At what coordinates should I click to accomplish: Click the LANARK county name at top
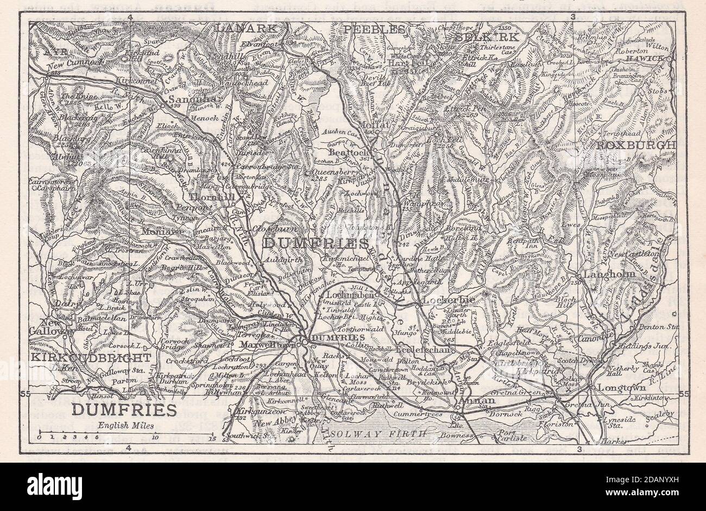point(247,28)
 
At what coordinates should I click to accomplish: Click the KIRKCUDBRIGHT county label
point(90,358)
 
